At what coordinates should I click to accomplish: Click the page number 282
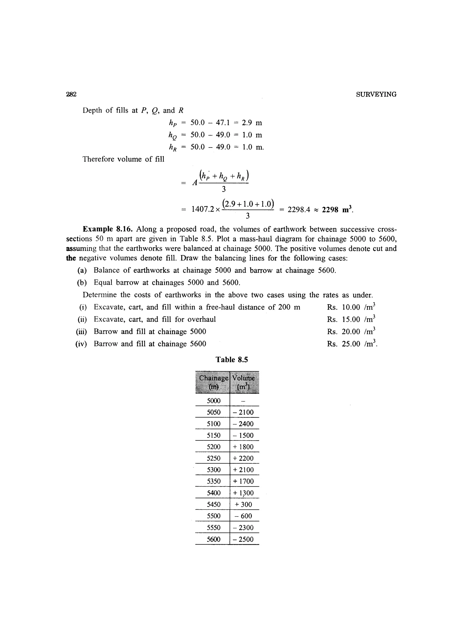71,94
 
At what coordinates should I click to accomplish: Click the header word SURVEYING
376,95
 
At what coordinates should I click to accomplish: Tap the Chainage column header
213,382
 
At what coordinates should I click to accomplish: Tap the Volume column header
244,382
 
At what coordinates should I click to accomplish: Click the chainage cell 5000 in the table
213,401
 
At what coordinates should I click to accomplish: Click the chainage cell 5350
213,481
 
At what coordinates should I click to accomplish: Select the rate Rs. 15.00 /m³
351,319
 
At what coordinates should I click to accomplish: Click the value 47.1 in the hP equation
223,123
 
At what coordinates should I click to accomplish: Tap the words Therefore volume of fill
123,159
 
